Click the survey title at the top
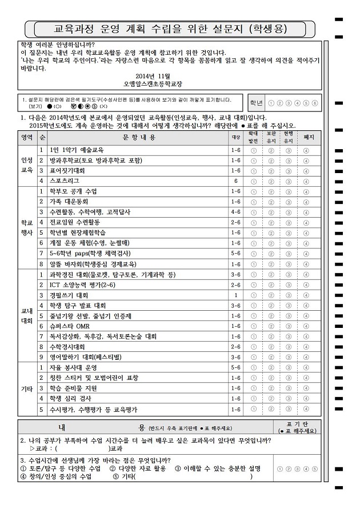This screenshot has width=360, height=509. tap(170, 27)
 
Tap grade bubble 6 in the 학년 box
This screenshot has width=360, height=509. tap(315, 103)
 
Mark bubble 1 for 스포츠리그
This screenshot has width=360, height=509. tap(254, 181)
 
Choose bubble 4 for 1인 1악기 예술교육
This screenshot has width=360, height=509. tap(307, 150)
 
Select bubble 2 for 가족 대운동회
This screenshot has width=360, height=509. tap(271, 201)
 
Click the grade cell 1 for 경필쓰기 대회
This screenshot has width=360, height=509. tap(235, 295)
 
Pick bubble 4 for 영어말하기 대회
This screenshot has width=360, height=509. tap(307, 357)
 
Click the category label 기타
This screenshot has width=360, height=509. tap(27, 388)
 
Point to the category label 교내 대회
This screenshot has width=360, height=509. tap(27, 315)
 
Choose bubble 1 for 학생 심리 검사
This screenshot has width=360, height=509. tap(254, 399)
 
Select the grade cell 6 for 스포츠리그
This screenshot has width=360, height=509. tap(235, 181)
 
